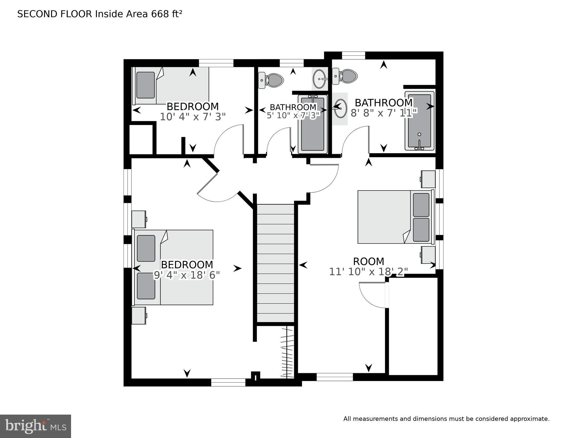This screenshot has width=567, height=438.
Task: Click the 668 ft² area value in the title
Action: [x=167, y=14]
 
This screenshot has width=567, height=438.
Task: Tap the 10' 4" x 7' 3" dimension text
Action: [x=193, y=117]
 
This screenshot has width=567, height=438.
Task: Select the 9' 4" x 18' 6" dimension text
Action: [x=187, y=275]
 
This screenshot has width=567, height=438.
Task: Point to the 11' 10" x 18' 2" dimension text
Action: [x=368, y=272]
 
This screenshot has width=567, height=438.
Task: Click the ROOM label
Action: [x=368, y=261]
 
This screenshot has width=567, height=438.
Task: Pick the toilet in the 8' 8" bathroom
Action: [x=345, y=76]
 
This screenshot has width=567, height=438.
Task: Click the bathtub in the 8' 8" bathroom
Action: [x=419, y=121]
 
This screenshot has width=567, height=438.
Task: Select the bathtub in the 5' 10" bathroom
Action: [x=313, y=124]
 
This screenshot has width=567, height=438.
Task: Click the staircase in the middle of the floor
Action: [x=275, y=263]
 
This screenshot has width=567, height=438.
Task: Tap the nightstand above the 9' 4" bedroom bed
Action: [x=139, y=219]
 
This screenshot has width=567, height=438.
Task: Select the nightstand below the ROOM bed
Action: [x=428, y=255]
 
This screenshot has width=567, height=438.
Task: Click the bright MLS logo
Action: [x=35, y=426]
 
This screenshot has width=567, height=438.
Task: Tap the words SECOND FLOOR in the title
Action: [x=55, y=14]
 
